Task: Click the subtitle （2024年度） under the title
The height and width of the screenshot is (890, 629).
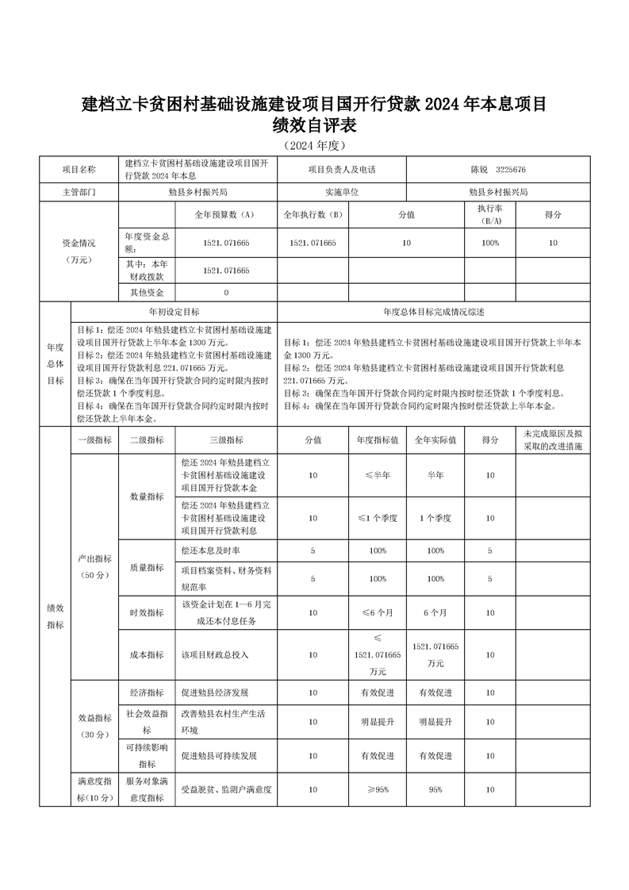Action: tap(314, 146)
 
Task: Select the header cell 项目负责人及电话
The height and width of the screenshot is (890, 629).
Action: tap(342, 170)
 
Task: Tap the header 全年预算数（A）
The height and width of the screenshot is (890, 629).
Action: tap(225, 215)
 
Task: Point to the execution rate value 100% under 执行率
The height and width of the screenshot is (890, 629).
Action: tap(490, 243)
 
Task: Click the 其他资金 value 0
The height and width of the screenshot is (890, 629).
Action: tap(226, 293)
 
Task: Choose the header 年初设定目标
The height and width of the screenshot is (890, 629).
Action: tap(175, 313)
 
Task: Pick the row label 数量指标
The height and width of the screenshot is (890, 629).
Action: tap(147, 497)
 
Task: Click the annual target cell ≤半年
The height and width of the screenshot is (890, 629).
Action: tap(377, 475)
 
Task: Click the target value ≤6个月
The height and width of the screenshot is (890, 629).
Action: tap(377, 612)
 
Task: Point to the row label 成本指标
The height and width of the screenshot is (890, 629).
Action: tap(147, 655)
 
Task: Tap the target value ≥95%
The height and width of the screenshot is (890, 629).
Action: tap(377, 789)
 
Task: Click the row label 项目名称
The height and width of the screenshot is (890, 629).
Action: tap(79, 170)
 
